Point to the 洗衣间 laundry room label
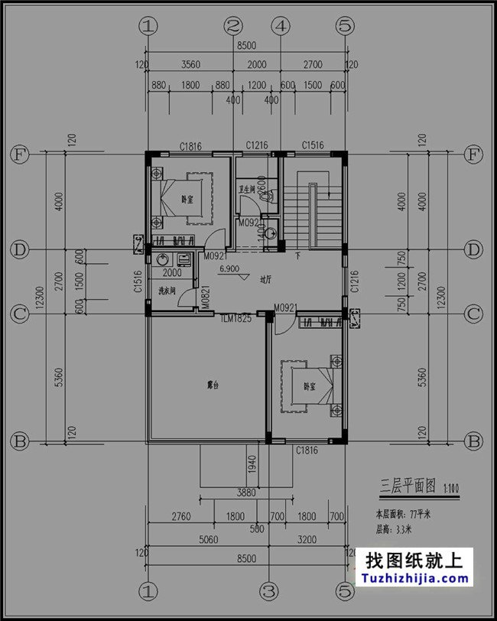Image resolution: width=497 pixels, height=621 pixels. (167, 291)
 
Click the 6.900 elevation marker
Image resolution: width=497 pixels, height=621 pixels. (229, 270)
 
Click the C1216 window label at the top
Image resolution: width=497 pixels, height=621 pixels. (256, 145)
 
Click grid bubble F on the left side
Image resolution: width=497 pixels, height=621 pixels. (19, 154)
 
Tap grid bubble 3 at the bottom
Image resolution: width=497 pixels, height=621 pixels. (268, 590)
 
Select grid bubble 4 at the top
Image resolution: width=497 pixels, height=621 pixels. (281, 26)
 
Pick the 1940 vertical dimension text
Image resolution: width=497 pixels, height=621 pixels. (250, 463)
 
